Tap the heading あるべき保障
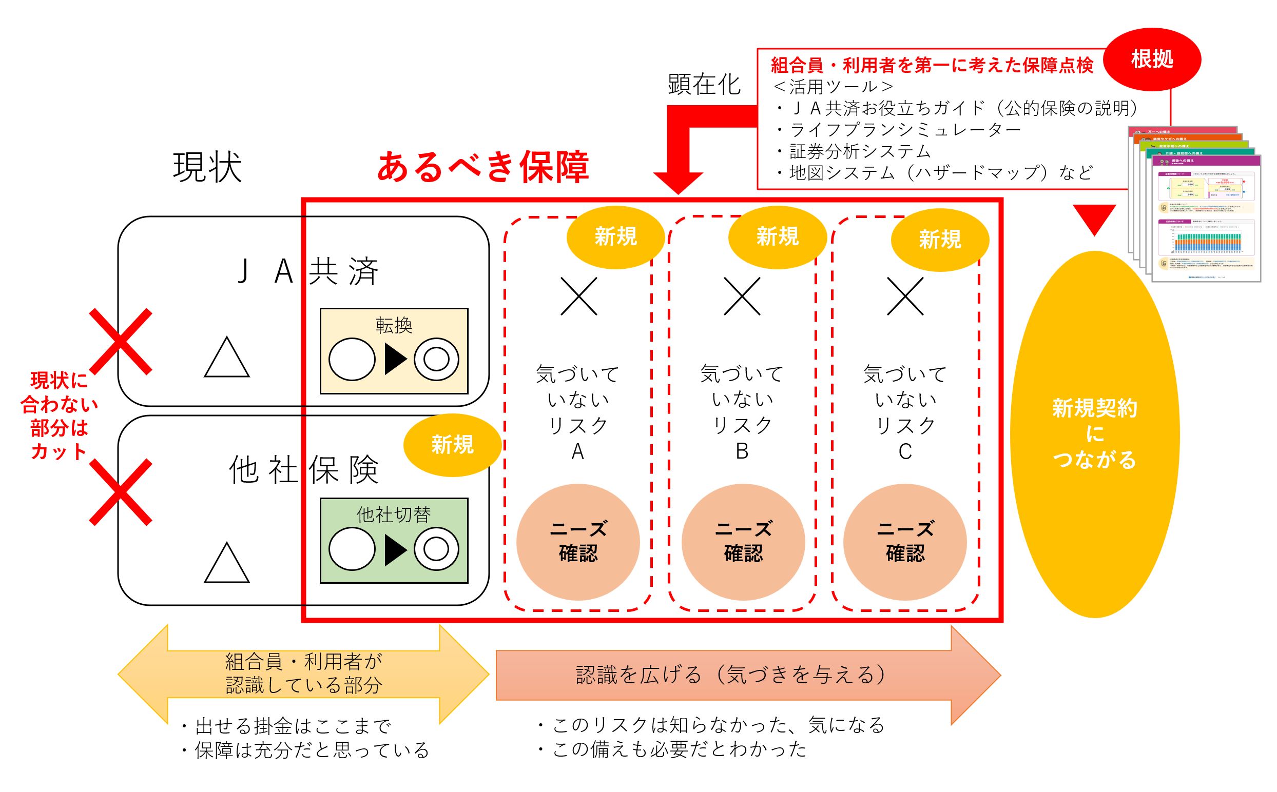click(x=482, y=167)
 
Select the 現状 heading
click(x=207, y=168)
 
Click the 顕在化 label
click(x=703, y=84)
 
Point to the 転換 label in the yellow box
click(x=394, y=325)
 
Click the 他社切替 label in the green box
click(x=394, y=514)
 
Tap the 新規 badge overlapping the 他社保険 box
click(x=452, y=445)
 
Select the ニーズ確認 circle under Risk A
click(x=577, y=542)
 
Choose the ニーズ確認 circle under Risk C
click(x=904, y=542)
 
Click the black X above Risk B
click(x=741, y=296)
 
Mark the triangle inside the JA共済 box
click(x=226, y=359)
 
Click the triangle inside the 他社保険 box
click(x=226, y=565)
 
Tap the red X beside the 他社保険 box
click(x=121, y=492)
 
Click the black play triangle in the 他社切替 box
click(x=395, y=549)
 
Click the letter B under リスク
click(x=742, y=451)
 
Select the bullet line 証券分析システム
click(x=859, y=151)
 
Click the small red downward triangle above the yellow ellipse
click(x=1094, y=219)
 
